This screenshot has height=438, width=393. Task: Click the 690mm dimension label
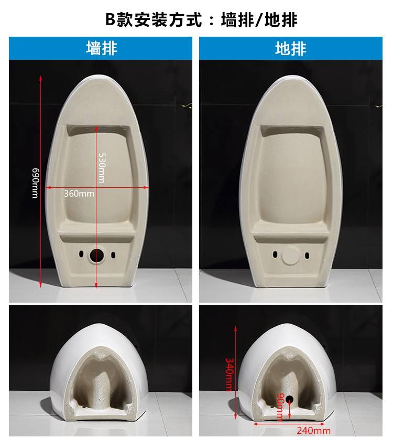tap(35, 183)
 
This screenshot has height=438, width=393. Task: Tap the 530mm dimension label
tap(102, 168)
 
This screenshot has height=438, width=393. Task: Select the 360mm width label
tap(79, 194)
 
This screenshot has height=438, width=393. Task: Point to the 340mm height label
tap(229, 375)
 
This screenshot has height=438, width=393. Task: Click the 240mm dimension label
tap(313, 431)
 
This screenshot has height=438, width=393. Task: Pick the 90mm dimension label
tap(280, 407)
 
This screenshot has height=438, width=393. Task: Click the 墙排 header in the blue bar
tap(102, 48)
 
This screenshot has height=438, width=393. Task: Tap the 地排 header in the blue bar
tap(291, 48)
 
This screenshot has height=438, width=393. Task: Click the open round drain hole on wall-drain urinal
tap(96, 255)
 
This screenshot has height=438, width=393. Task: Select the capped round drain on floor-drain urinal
tap(290, 255)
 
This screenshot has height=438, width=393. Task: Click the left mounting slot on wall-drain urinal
tap(81, 254)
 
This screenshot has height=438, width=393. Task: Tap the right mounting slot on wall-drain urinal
tap(113, 255)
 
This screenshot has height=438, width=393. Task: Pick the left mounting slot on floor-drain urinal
tap(275, 255)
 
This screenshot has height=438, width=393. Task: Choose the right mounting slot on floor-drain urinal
tap(307, 255)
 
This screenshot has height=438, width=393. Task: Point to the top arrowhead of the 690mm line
tap(41, 78)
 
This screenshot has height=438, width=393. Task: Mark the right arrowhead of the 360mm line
tap(146, 187)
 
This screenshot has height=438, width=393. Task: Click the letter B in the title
tap(110, 19)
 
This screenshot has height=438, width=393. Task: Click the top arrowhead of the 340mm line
tap(236, 328)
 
